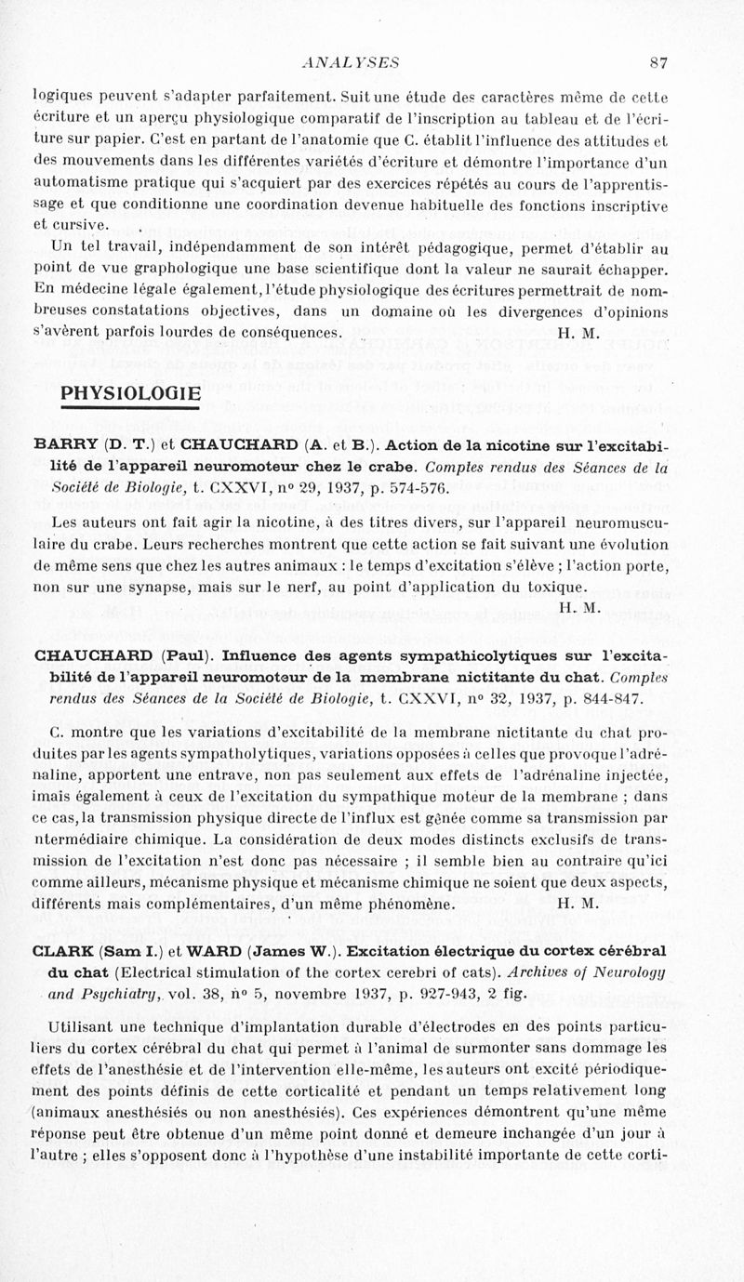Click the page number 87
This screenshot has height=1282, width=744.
click(659, 63)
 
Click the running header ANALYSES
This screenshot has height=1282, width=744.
click(351, 63)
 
